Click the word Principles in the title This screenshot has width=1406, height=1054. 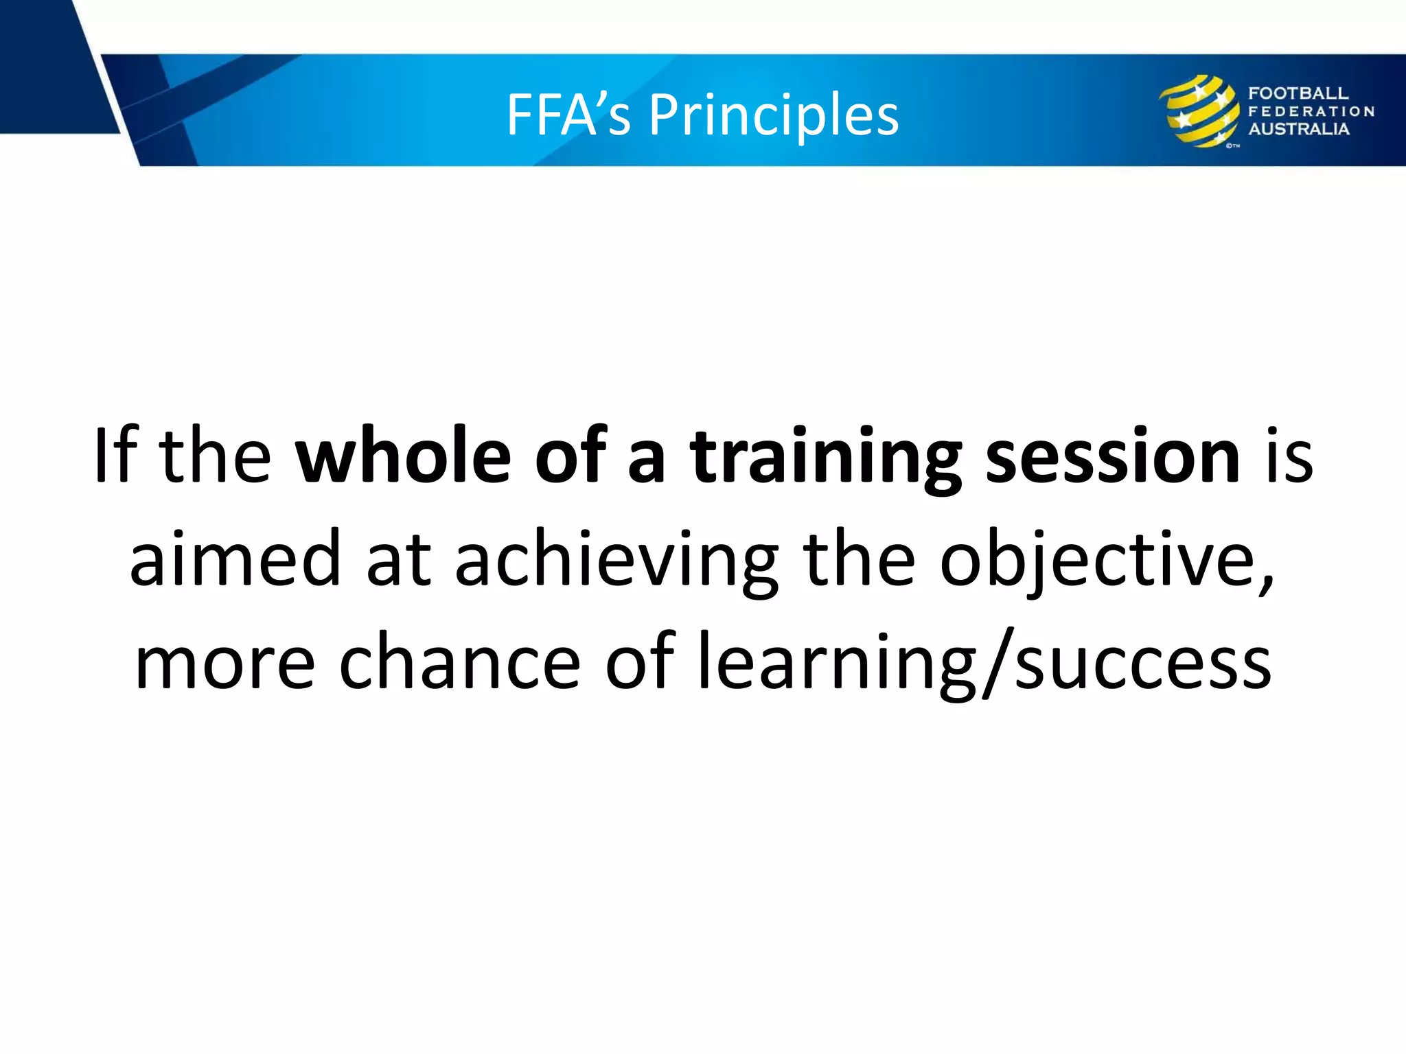[774, 115]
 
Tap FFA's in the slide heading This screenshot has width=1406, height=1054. [568, 115]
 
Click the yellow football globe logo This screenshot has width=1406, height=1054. [1199, 111]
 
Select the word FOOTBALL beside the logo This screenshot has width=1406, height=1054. [1298, 93]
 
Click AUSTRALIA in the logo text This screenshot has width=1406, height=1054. [1298, 129]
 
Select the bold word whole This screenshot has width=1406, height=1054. [403, 456]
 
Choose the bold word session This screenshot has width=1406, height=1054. [1113, 456]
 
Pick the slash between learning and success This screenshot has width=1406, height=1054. [997, 663]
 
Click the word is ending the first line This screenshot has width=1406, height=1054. [1289, 456]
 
